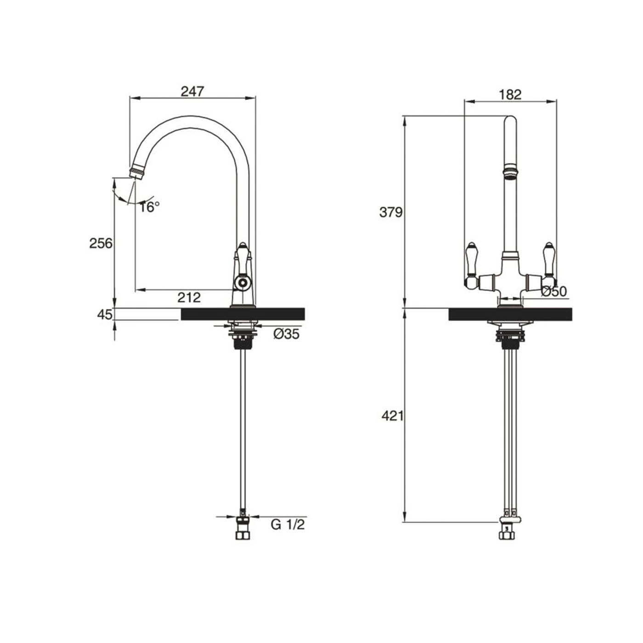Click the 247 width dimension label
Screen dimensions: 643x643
(x=192, y=91)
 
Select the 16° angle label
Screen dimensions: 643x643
(x=150, y=207)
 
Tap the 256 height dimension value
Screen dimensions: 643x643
(x=101, y=243)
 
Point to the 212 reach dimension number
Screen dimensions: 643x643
(x=189, y=298)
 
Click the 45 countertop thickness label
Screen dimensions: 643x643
(x=105, y=315)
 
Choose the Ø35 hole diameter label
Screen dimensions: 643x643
(x=286, y=334)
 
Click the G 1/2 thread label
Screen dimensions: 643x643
(x=288, y=524)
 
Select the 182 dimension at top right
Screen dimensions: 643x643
(x=510, y=94)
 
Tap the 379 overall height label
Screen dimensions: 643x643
(x=391, y=212)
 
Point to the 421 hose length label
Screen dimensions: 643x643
(x=392, y=416)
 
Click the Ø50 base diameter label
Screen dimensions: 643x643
(x=554, y=291)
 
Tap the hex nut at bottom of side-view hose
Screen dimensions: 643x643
(x=242, y=535)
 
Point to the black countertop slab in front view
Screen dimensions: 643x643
(x=510, y=314)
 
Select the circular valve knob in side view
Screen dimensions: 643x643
(x=242, y=282)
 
